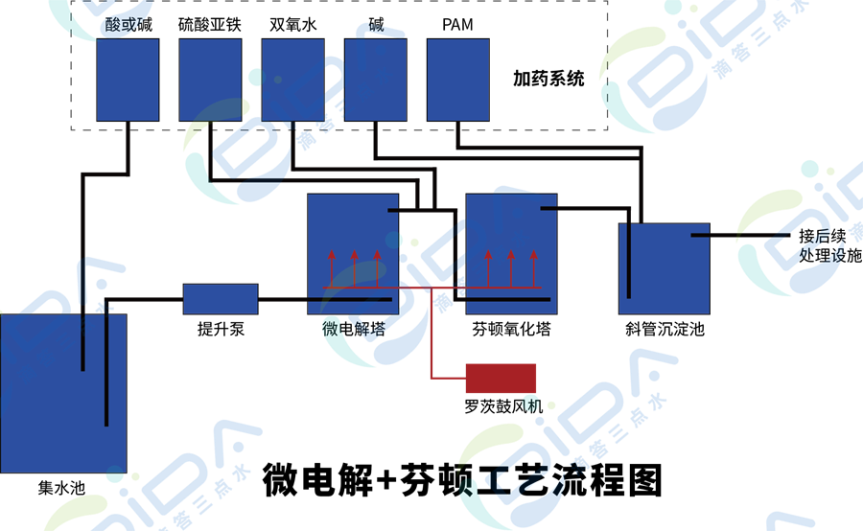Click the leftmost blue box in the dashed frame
128,80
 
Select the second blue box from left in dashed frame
210,80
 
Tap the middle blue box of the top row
292,80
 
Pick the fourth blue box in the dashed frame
375,80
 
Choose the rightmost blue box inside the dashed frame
457,80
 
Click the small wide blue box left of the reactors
221,299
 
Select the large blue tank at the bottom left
63,393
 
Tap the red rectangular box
501,379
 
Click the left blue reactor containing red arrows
353,254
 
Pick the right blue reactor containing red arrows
511,254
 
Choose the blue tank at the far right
664,268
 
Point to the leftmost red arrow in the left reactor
332,268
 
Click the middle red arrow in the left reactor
354,268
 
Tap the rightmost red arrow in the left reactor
377,268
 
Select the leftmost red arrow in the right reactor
489,268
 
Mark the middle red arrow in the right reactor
511,268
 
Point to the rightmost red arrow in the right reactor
533,268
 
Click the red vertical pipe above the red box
432,335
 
